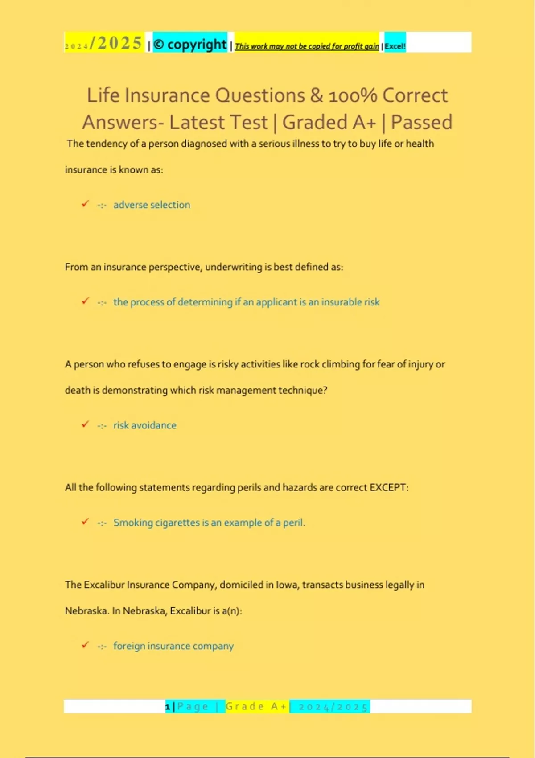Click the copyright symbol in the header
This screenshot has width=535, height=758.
point(159,45)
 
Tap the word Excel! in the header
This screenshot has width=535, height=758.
point(395,46)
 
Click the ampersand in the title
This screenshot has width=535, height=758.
point(316,95)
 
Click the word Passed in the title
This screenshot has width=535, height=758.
point(421,122)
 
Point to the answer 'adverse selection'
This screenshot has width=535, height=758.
point(152,205)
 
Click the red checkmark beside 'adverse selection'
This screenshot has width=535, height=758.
point(85,204)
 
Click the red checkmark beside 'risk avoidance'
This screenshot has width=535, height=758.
point(85,424)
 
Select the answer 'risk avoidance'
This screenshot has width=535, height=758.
point(144,425)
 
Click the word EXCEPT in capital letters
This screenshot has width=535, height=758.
point(388,487)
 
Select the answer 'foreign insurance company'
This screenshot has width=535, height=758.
point(173,646)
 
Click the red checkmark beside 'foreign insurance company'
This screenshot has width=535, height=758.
point(85,645)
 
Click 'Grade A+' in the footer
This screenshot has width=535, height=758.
point(256,706)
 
